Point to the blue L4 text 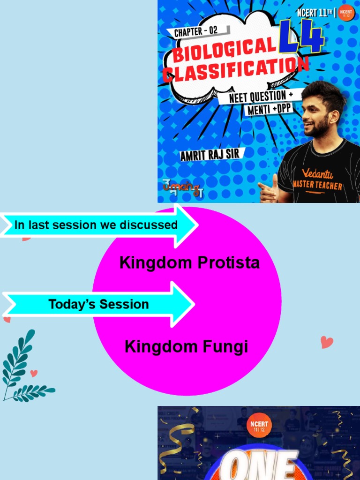pyautogui.click(x=301, y=39)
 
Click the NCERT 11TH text pyautogui.click(x=314, y=13)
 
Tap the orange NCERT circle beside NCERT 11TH pyautogui.click(x=346, y=13)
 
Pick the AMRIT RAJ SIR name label pyautogui.click(x=210, y=155)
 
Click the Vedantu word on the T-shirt pyautogui.click(x=317, y=174)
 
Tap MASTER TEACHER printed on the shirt pyautogui.click(x=318, y=186)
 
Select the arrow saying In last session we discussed pyautogui.click(x=98, y=225)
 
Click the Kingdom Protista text pyautogui.click(x=189, y=262)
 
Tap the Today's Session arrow pyautogui.click(x=98, y=304)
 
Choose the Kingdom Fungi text pyautogui.click(x=186, y=347)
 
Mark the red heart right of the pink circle pyautogui.click(x=327, y=342)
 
